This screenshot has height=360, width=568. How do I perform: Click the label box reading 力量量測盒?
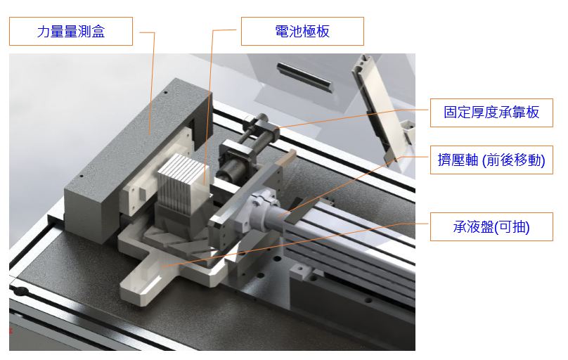tap(71, 32)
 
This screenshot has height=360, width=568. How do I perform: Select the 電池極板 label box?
tap(302, 32)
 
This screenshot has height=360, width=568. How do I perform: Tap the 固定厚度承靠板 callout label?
tap(491, 112)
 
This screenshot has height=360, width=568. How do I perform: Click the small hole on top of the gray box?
tap(164, 92)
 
